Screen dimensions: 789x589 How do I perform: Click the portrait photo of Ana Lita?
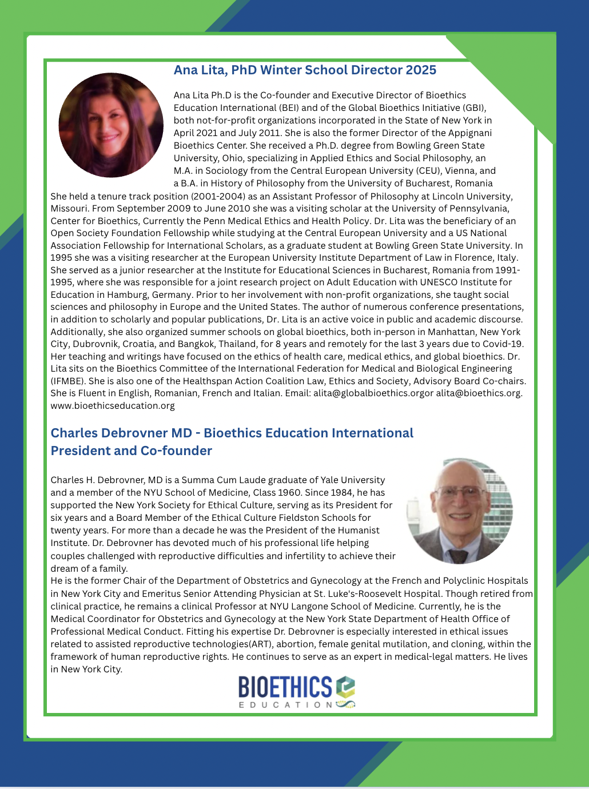coord(111,125)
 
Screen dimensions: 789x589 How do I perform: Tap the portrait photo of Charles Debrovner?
coord(459,511)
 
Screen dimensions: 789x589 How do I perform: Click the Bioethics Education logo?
coord(296,691)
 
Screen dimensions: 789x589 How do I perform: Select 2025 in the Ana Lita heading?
coord(421,70)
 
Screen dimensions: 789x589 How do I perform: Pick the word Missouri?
coord(69,208)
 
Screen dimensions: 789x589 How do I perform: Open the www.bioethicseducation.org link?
coord(113,405)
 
